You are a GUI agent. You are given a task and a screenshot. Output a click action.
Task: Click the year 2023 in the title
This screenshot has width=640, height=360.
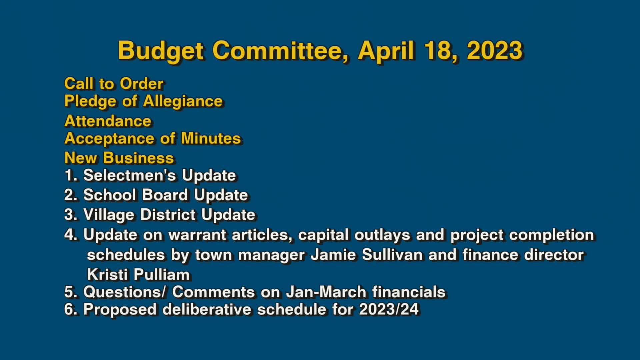coord(494,51)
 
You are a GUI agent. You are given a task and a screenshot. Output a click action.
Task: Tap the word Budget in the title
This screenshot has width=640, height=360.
coord(161,51)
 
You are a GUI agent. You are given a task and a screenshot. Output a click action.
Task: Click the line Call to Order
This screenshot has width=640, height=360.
coord(114,83)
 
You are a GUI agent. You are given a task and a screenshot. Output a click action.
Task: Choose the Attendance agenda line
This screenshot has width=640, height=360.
coord(108,121)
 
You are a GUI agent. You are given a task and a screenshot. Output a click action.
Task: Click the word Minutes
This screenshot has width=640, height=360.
coord(211,138)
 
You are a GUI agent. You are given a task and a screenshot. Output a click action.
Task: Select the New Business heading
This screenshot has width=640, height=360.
coord(119,158)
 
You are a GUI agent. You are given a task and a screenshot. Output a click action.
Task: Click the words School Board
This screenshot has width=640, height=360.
coord(135,195)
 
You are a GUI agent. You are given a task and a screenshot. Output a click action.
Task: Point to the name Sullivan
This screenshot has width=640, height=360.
coord(392,255)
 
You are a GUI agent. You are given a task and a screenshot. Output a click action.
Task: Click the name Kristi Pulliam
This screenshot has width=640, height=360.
coord(138,275)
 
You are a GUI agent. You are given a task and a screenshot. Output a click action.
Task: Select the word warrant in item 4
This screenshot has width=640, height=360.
coord(197,235)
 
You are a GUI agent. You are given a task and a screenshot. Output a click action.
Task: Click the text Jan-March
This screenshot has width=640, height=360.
coord(326,292)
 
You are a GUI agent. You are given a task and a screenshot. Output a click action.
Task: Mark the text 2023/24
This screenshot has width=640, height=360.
coord(389,309)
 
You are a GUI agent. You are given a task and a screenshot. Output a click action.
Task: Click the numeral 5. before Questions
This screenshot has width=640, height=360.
coord(71,292)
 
